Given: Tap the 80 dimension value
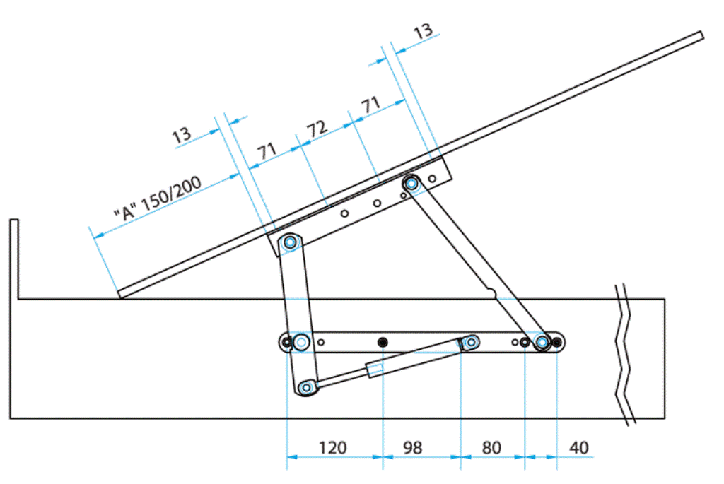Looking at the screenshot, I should [491, 448].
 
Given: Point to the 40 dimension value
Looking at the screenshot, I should [578, 448].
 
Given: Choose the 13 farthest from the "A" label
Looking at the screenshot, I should [423, 32].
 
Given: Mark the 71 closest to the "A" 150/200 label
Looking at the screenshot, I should [267, 152].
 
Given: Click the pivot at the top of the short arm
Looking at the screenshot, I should [289, 243].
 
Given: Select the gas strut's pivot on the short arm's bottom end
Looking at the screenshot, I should [306, 387].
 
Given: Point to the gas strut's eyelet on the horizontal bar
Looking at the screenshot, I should [469, 343].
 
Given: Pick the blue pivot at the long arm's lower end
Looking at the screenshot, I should [542, 343].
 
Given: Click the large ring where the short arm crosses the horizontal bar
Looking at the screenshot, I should [302, 343].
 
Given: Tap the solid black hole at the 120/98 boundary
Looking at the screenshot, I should [383, 343].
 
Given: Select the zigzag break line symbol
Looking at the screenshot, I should [624, 353].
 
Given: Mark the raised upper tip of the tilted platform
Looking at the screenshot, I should [700, 35].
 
